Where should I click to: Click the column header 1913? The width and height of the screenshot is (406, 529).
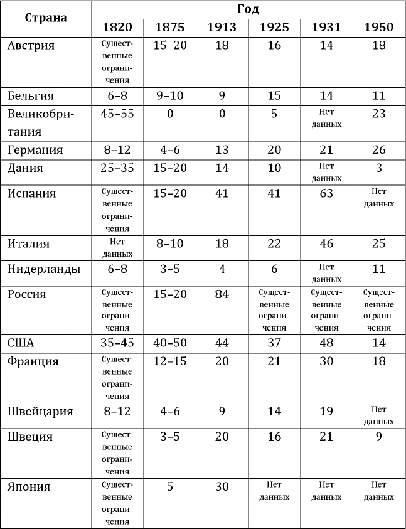tap(222, 27)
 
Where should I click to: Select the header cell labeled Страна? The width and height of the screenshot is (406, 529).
tap(46, 18)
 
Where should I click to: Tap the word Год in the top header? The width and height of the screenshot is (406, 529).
tap(248, 9)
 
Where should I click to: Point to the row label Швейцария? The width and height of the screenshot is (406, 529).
tap(41, 412)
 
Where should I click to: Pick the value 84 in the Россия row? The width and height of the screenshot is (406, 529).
tap(222, 294)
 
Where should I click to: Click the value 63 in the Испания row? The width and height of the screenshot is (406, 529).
tap(326, 193)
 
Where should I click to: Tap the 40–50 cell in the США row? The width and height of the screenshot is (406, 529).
tap(169, 344)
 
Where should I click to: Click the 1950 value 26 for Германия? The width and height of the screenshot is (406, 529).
tap(378, 150)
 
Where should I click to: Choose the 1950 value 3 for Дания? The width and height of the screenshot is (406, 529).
tap(378, 168)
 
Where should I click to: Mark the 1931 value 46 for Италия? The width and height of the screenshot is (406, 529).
tap(326, 243)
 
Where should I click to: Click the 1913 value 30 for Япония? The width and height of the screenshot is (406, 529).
tap(222, 487)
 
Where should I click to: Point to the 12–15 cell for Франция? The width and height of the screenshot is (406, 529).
tap(169, 362)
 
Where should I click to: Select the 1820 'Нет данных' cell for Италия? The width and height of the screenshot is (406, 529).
tap(117, 248)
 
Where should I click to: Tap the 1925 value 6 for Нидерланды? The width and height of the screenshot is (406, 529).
tap(274, 269)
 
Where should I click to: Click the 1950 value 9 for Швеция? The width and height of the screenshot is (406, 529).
tap(378, 437)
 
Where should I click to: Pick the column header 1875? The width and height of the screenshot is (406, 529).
tap(169, 27)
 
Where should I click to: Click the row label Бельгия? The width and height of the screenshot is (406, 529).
tap(31, 95)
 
